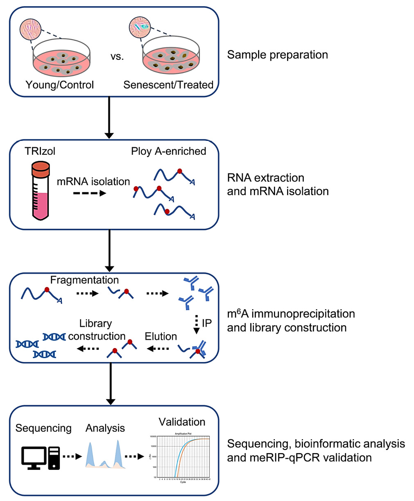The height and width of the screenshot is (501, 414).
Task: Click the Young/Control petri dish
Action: click(x=62, y=60)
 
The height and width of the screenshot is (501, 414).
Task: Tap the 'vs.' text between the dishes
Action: click(x=117, y=57)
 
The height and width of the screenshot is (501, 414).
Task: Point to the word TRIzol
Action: click(x=40, y=151)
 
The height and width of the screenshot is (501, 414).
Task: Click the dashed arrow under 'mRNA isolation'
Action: click(x=90, y=193)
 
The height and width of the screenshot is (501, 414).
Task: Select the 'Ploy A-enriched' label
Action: click(x=168, y=151)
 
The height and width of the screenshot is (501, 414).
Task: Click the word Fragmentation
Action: click(x=84, y=280)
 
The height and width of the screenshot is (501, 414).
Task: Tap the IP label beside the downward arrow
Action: click(x=207, y=323)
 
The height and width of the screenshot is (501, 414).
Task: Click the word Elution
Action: click(x=161, y=336)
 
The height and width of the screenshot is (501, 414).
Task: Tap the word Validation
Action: click(x=182, y=422)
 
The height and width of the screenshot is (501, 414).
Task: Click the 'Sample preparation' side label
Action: click(x=277, y=55)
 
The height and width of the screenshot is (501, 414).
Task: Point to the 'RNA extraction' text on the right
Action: click(x=265, y=178)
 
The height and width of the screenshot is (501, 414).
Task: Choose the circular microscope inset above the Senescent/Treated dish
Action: click(x=140, y=27)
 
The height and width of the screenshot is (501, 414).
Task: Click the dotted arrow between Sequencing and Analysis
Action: click(x=72, y=456)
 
